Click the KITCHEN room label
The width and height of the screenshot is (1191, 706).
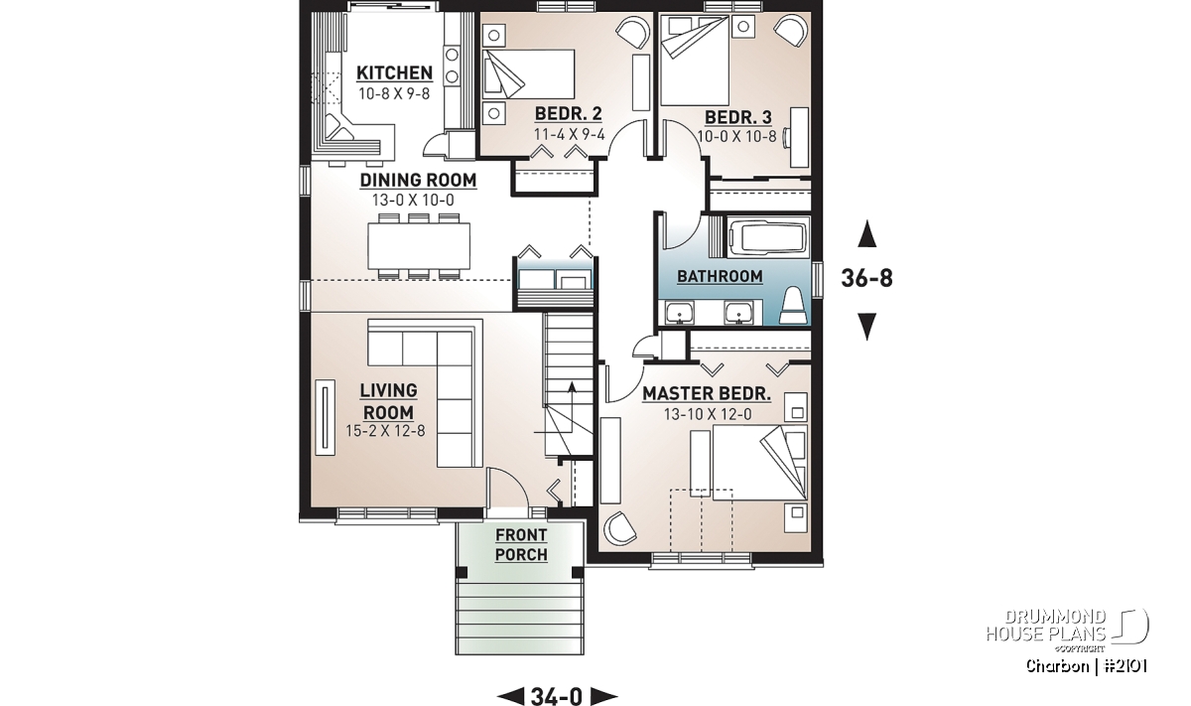(x=394, y=72)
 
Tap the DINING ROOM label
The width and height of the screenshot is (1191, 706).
(x=418, y=181)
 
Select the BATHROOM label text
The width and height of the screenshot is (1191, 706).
(x=720, y=277)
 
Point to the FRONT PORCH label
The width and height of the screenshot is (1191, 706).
(x=521, y=545)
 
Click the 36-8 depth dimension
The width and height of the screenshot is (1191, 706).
(x=866, y=278)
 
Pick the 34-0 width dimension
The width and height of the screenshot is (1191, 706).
(x=557, y=696)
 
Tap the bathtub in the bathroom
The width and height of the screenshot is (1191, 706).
(x=768, y=241)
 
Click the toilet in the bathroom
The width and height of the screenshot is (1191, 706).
(x=793, y=306)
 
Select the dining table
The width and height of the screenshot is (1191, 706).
(x=419, y=246)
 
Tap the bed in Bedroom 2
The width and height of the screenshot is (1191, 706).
(x=528, y=74)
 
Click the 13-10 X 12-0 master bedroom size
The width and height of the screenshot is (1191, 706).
(x=708, y=414)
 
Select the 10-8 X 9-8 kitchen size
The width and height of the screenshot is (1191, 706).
(x=394, y=94)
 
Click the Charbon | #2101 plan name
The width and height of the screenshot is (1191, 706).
(x=1086, y=666)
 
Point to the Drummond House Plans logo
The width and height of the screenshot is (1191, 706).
(x=1067, y=630)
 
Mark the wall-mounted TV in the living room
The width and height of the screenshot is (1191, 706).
(x=325, y=417)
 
